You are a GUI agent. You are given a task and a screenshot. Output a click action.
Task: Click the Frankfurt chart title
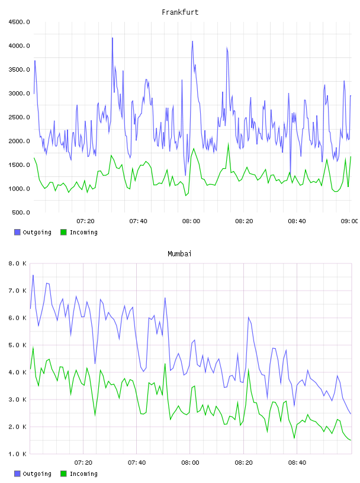coord(180,12)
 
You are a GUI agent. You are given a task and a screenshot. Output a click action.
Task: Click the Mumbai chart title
coord(179,254)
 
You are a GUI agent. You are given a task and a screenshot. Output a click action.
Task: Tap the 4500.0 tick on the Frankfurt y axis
coord(19,22)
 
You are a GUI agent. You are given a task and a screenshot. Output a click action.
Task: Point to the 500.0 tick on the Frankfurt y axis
coord(21,212)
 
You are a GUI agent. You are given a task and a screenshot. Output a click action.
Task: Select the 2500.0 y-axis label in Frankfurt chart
coord(19,117)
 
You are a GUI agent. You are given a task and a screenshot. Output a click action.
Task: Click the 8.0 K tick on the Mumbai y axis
coord(18,263)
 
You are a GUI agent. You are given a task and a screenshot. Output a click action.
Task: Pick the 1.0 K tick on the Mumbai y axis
coord(18,454)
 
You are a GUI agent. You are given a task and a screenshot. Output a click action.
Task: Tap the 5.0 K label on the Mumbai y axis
coord(18,345)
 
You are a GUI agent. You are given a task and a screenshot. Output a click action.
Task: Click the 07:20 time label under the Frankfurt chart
coord(85,221)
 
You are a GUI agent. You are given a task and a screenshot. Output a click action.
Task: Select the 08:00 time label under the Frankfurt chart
coord(191,221)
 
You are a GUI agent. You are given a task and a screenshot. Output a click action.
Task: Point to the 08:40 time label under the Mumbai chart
coord(297,463)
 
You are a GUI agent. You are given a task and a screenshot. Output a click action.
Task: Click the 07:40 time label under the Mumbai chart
coord(137,463)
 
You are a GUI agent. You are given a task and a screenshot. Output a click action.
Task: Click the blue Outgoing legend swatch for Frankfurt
coord(17,232)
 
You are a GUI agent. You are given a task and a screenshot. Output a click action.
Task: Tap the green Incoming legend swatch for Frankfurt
coord(63,232)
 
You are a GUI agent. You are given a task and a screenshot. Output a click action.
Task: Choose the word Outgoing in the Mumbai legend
coord(37,474)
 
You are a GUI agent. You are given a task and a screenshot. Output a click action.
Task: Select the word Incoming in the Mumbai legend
coord(83,474)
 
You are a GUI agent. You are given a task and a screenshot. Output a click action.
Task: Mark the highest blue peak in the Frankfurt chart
coord(112,38)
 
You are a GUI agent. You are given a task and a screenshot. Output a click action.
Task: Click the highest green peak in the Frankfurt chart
coord(229,144)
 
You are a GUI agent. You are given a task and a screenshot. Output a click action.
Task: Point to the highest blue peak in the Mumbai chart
coord(33,275)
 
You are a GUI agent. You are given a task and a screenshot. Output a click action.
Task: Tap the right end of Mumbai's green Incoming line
coord(351,440)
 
